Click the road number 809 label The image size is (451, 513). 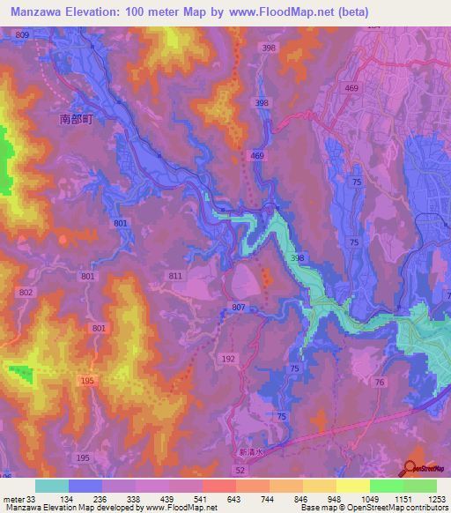coord(22,33)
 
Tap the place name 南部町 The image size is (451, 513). coord(77,117)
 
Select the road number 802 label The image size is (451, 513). coord(26,291)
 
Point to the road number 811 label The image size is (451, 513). coord(175,276)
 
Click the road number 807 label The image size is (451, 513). coord(239,307)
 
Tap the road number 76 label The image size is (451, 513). coord(379,381)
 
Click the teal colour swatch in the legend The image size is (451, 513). coord(51,486)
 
